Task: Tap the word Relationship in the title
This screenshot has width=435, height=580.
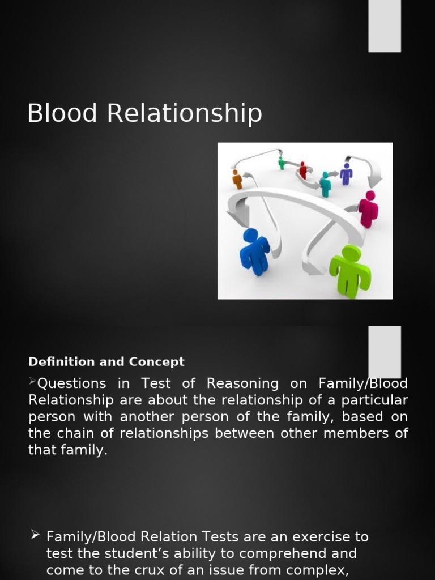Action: (x=185, y=114)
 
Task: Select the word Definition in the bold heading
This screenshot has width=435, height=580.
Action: (x=61, y=361)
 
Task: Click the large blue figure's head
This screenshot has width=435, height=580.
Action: (x=250, y=235)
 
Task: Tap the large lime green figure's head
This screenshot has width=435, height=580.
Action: (x=351, y=254)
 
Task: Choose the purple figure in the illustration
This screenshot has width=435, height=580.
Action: (x=346, y=173)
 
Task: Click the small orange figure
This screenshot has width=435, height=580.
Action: (x=237, y=179)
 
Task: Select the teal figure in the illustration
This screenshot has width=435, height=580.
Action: (x=325, y=185)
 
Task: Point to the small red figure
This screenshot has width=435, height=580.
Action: (x=303, y=170)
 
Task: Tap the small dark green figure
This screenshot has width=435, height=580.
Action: (x=282, y=163)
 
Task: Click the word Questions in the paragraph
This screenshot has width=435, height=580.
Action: (x=71, y=384)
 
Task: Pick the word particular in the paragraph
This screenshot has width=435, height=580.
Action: (x=375, y=400)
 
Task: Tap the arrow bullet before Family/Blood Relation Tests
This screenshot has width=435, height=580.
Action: (x=35, y=535)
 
